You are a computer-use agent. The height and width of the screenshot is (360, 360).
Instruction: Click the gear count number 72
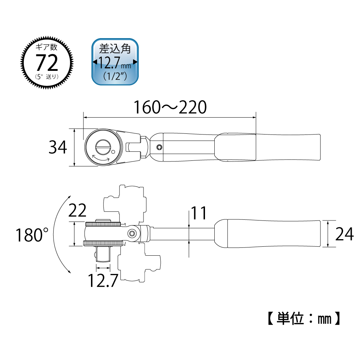tap(47, 63)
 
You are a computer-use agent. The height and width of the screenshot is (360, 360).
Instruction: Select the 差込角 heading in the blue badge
tap(115, 49)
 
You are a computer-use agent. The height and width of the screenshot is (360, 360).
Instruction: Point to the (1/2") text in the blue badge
tap(115, 76)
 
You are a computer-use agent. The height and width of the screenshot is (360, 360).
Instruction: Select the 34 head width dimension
tap(58, 147)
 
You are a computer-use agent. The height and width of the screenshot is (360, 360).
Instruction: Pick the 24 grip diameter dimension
tap(344, 234)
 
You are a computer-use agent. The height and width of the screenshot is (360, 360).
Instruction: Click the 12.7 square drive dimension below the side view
tap(103, 280)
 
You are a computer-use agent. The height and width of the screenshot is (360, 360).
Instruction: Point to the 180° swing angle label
tap(32, 236)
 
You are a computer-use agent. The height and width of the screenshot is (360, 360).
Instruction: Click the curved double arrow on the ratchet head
tap(101, 159)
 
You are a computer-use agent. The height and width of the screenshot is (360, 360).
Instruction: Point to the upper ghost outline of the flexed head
tap(126, 201)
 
